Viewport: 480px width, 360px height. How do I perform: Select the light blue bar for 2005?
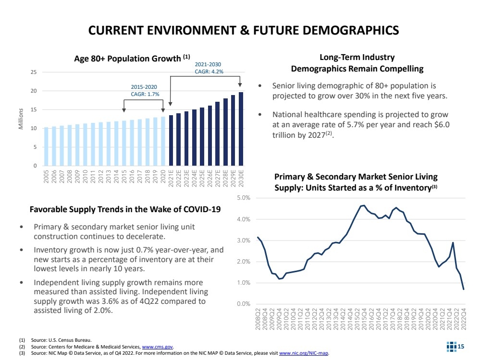click(46, 146)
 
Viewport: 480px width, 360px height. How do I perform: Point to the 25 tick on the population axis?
click(34, 72)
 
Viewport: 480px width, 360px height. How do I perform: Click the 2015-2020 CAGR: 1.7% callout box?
click(144, 90)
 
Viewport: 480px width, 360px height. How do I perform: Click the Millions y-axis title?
click(22, 118)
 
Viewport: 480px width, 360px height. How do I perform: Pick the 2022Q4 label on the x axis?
click(464, 319)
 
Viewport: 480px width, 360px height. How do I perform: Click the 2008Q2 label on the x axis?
click(258, 319)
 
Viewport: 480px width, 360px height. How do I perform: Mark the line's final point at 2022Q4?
click(464, 289)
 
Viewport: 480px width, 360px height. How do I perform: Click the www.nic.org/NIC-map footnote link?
click(304, 353)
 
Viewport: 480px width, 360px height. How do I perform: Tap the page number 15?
click(461, 346)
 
